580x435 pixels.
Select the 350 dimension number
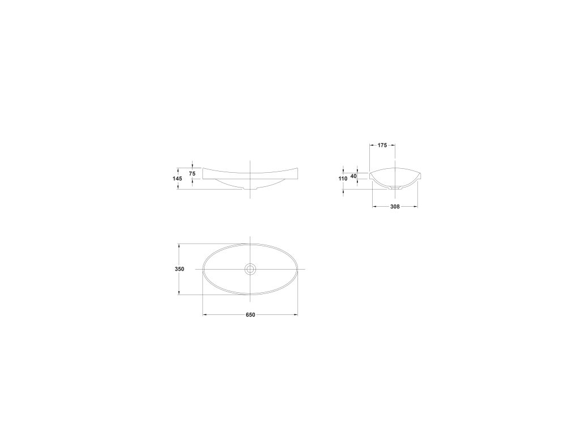[180, 270]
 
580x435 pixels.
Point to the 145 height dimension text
[177, 178]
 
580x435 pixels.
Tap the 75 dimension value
[192, 173]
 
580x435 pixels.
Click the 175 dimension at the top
[382, 146]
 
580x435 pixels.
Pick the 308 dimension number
[395, 207]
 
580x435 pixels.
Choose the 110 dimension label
[343, 178]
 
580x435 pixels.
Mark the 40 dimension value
[353, 176]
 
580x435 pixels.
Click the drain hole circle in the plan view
[250, 269]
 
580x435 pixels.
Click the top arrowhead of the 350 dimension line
[180, 246]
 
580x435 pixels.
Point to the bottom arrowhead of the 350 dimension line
[180, 293]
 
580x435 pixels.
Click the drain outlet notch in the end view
[395, 187]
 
